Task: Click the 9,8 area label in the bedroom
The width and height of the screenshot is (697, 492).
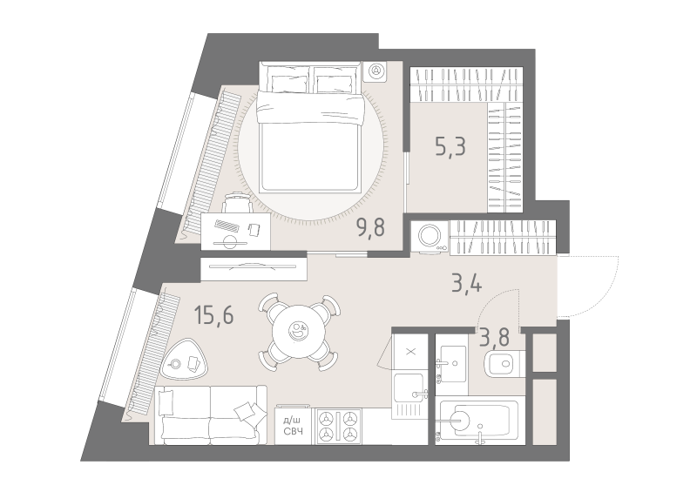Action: [370, 227]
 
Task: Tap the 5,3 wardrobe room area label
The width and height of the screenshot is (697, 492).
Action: [450, 146]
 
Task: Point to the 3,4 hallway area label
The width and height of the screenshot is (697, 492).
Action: [466, 283]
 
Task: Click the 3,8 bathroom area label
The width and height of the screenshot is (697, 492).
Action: [494, 337]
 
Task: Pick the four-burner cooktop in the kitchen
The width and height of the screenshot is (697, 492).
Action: [339, 426]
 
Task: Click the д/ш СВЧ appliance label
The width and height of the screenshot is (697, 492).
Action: [293, 426]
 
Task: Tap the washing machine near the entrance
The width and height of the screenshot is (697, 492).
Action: [430, 237]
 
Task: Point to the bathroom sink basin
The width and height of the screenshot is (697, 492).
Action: [450, 363]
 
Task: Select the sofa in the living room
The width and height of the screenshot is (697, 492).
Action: [210, 415]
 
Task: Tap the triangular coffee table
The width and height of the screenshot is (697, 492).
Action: [186, 359]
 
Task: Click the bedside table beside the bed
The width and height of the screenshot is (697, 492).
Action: [376, 71]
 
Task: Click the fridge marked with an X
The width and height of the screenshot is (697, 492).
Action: [410, 353]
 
